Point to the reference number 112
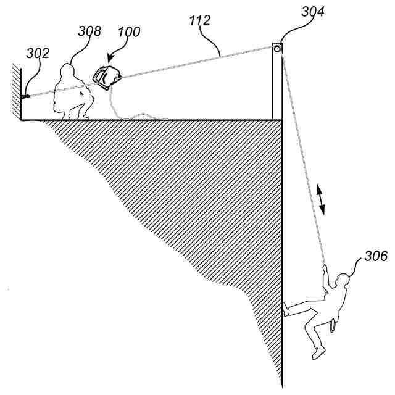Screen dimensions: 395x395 [201, 21]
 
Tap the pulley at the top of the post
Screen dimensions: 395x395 [278, 48]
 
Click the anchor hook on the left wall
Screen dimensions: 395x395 [25, 96]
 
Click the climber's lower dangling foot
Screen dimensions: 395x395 [318, 354]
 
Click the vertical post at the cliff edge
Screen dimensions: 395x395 [277, 86]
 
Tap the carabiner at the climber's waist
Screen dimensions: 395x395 [334, 325]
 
